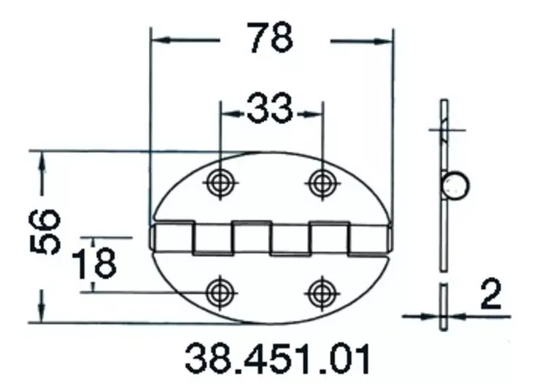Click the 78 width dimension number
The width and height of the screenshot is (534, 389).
(269, 39)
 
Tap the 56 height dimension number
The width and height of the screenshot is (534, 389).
(45, 231)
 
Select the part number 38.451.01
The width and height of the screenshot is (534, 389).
(278, 358)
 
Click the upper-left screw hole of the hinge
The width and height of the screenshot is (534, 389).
(219, 182)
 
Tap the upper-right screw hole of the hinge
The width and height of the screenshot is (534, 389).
(321, 182)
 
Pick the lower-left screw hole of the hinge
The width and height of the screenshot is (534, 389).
(219, 293)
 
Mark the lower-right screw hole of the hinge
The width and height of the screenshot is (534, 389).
(321, 293)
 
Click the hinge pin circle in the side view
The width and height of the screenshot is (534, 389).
(456, 185)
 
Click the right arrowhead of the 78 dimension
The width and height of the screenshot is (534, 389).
(385, 40)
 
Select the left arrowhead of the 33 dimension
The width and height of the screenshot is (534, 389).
(226, 112)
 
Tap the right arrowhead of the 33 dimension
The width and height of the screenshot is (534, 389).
(314, 112)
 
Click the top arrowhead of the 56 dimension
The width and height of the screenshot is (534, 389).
(42, 160)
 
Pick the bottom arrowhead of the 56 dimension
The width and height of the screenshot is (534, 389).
(42, 313)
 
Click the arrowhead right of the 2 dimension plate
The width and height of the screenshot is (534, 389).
(454, 316)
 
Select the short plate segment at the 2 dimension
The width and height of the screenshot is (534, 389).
(443, 307)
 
